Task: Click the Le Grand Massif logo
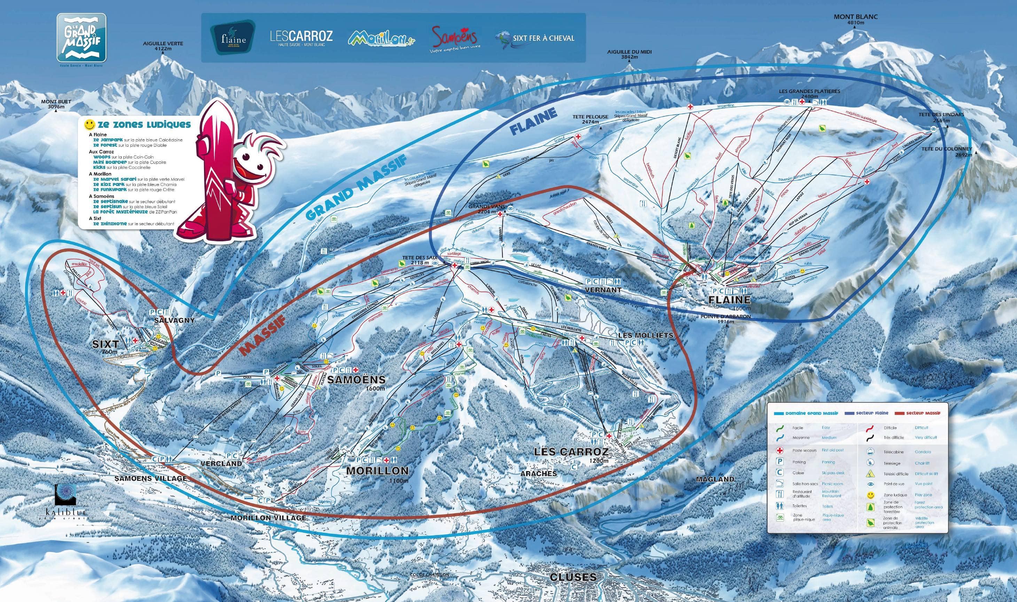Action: click(x=81, y=38)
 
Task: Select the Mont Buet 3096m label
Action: click(x=56, y=104)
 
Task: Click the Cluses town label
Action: click(x=573, y=577)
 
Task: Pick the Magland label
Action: click(x=715, y=479)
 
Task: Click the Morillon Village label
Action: click(x=268, y=518)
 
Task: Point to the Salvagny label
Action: click(x=174, y=320)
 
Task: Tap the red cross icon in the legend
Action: click(x=779, y=450)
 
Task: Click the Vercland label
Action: click(x=221, y=463)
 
